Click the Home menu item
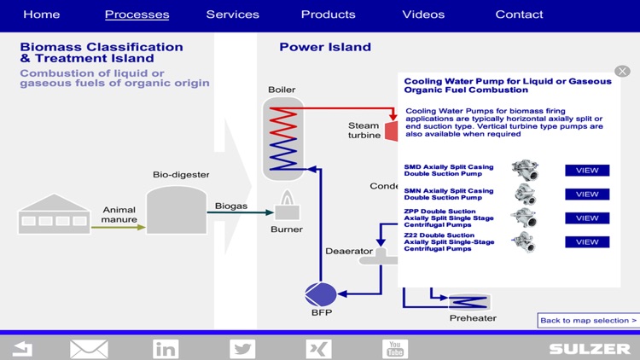pyautogui.click(x=41, y=15)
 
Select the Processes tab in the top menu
pyautogui.click(x=137, y=15)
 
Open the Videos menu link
pyautogui.click(x=423, y=15)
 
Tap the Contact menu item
pyautogui.click(x=519, y=15)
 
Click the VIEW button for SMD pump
pyautogui.click(x=587, y=171)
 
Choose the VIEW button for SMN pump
pyautogui.click(x=587, y=195)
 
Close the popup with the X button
pyautogui.click(x=622, y=71)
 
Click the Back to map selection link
pyautogui.click(x=588, y=321)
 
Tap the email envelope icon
pyautogui.click(x=89, y=348)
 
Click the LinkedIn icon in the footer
pyautogui.click(x=166, y=348)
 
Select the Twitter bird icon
pyautogui.click(x=242, y=348)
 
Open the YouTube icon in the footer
pyautogui.click(x=395, y=348)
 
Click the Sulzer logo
pyautogui.click(x=590, y=349)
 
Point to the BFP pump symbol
pyautogui.click(x=321, y=294)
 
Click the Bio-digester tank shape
pyautogui.click(x=176, y=210)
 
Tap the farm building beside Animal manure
pyautogui.click(x=53, y=214)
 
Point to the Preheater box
pyautogui.click(x=468, y=301)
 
